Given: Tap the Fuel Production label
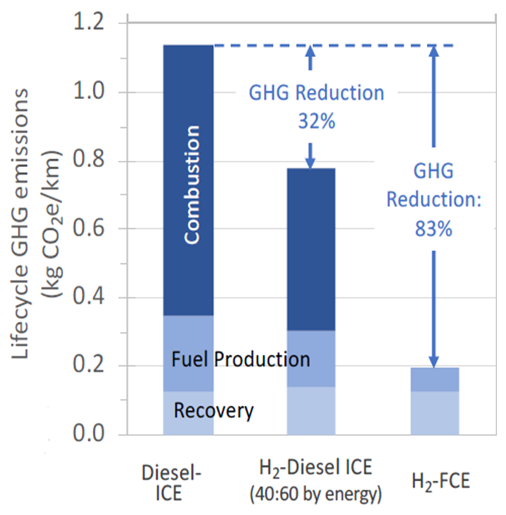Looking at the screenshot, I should click(241, 359).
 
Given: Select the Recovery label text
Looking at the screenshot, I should click(214, 411).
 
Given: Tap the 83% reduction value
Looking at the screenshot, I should click(433, 229).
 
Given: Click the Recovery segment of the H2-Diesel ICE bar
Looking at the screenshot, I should click(311, 410).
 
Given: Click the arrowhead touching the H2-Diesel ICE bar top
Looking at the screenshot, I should click(310, 162).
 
